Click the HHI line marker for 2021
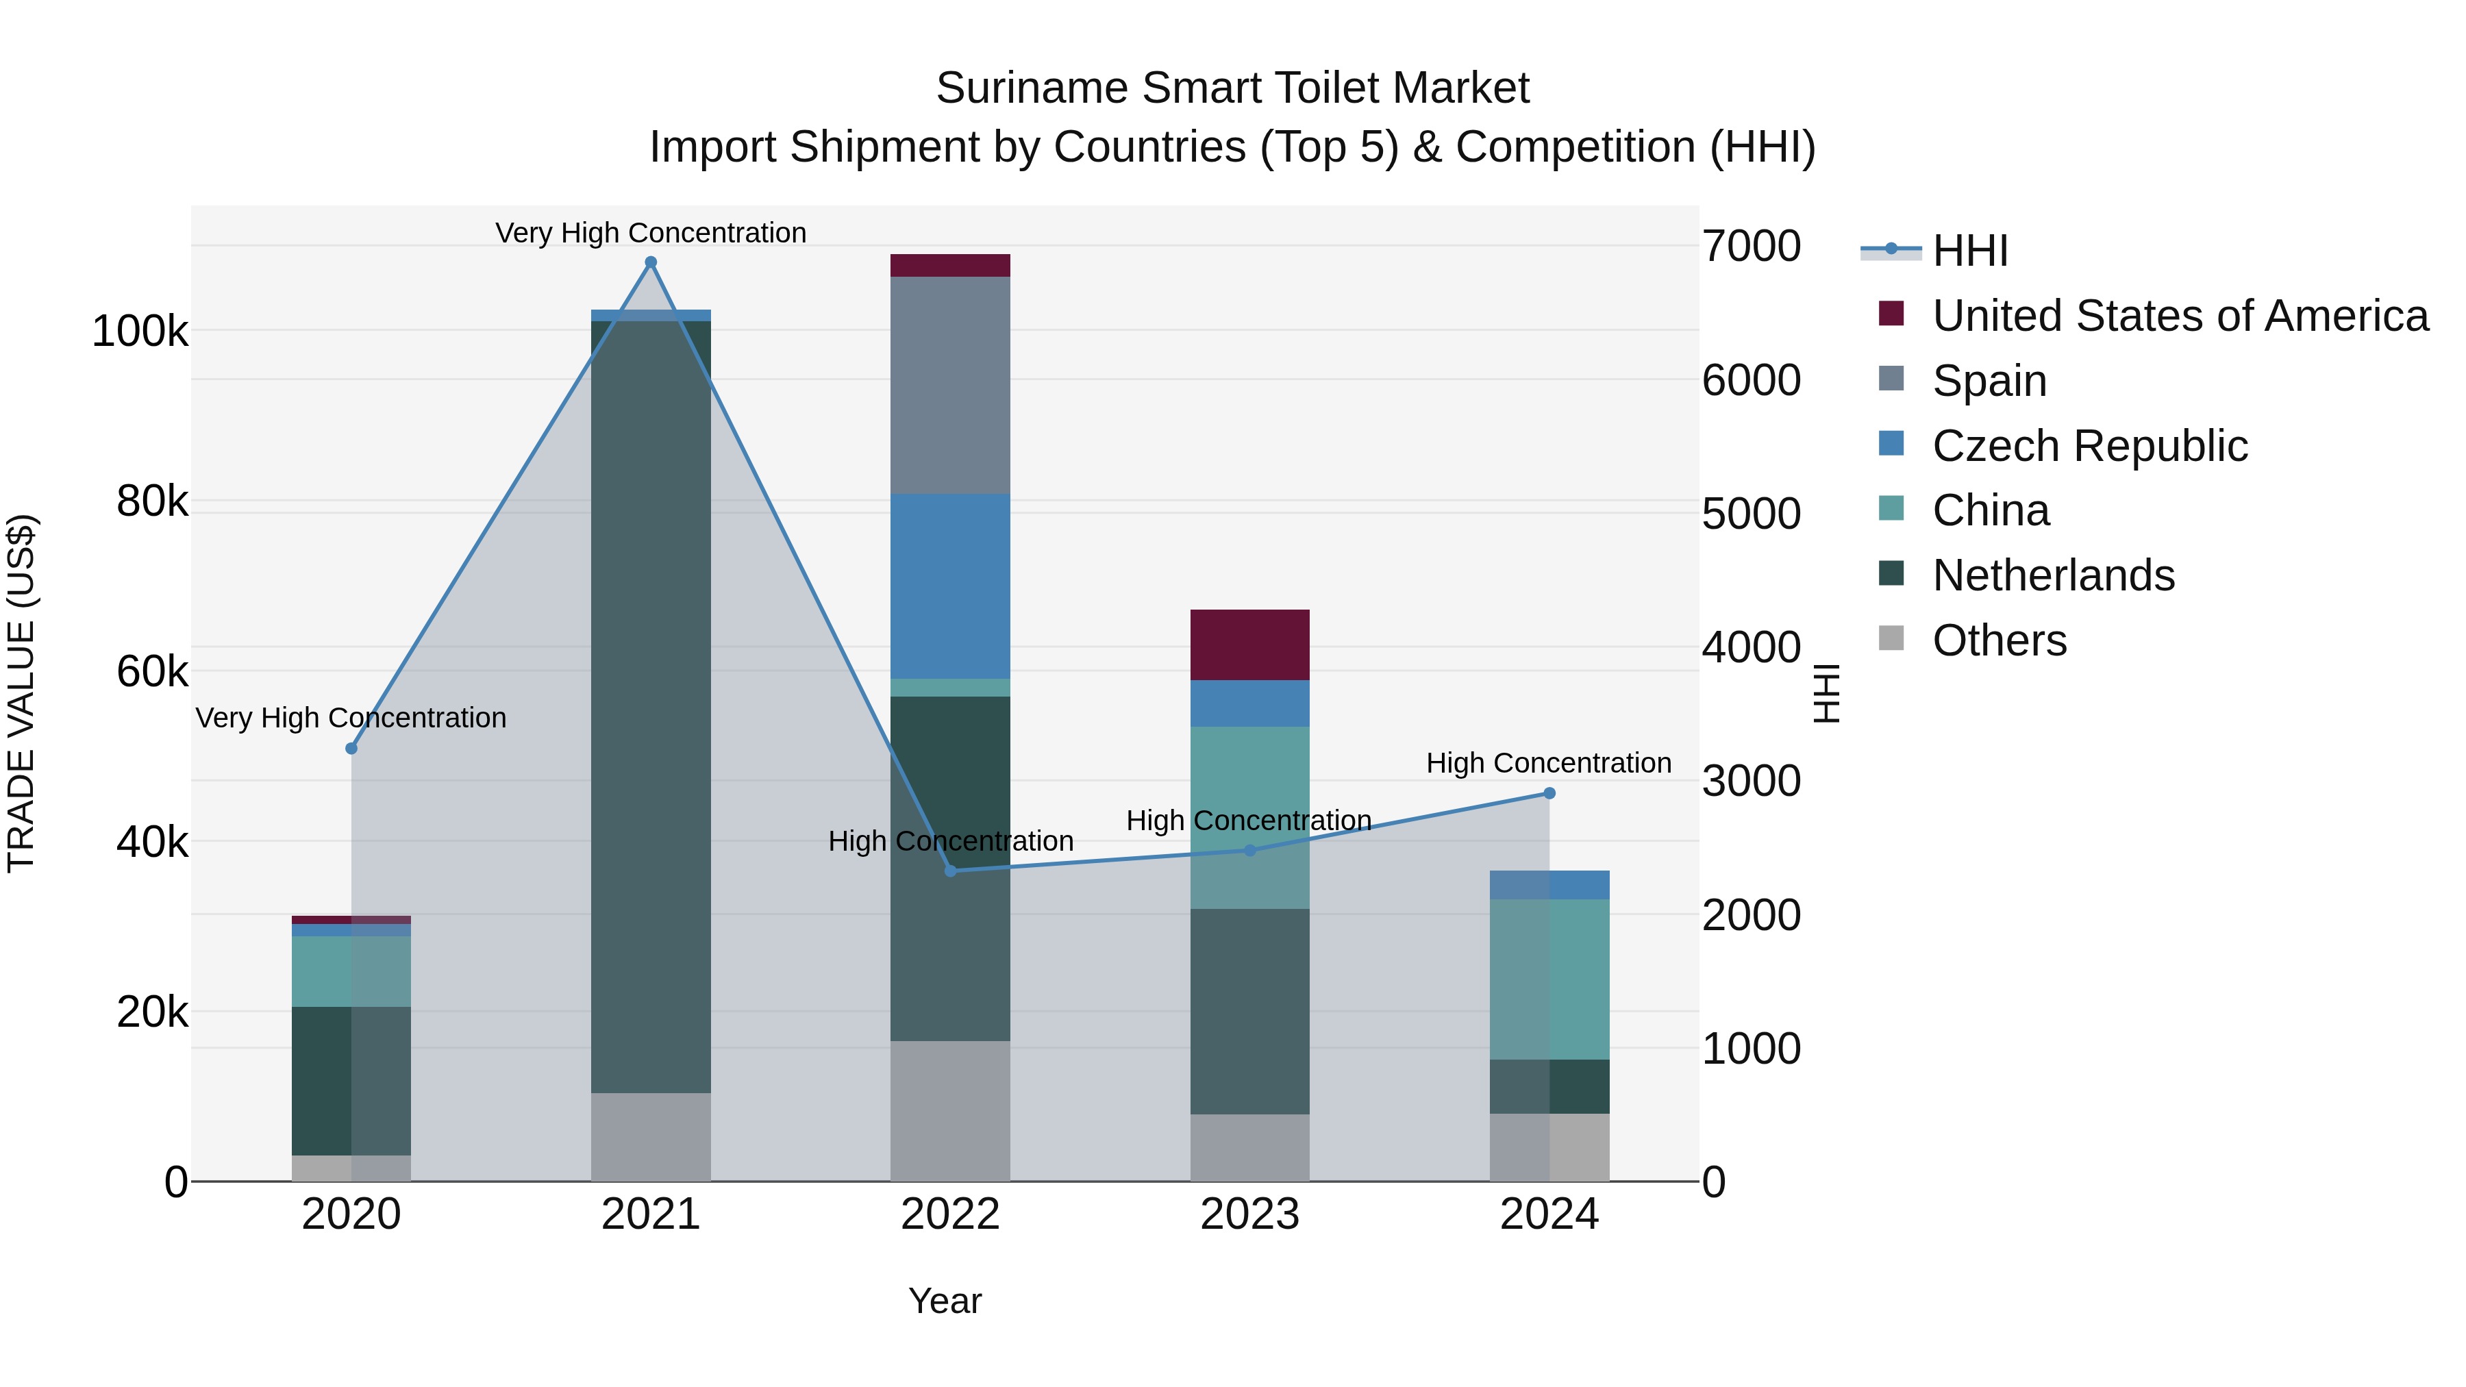[651, 262]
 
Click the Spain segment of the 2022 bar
[951, 385]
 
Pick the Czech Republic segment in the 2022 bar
[951, 586]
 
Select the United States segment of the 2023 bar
[1249, 645]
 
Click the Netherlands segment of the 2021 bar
[651, 706]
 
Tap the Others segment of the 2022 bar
[951, 1110]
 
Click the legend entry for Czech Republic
[2089, 446]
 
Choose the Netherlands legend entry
[2052, 575]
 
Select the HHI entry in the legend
[1969, 251]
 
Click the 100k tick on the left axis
[140, 332]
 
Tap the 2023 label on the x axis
[1249, 1214]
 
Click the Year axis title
[945, 1301]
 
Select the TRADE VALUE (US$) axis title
[21, 693]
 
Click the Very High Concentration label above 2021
[651, 233]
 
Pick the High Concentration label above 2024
[1548, 763]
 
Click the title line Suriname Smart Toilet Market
[1232, 88]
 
